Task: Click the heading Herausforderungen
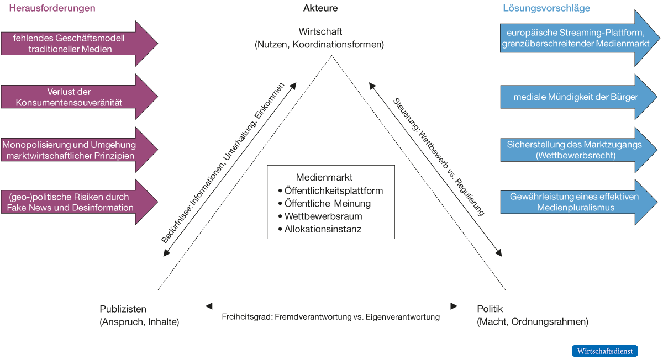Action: point(52,8)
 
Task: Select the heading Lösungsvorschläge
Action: point(546,8)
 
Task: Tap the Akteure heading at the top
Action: point(320,8)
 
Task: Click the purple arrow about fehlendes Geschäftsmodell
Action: point(77,44)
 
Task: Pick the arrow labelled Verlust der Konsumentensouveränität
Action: point(77,97)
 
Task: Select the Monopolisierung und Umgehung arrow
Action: point(77,150)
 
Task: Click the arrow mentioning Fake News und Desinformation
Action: point(77,202)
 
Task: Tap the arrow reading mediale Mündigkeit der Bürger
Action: point(575,97)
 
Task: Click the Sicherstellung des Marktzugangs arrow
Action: point(575,150)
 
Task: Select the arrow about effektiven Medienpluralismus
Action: point(575,202)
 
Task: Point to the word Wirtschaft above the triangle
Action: point(320,31)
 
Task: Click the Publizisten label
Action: point(123,309)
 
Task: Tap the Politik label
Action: point(490,309)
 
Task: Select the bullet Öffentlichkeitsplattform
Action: point(333,190)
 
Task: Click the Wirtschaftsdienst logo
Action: point(604,351)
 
